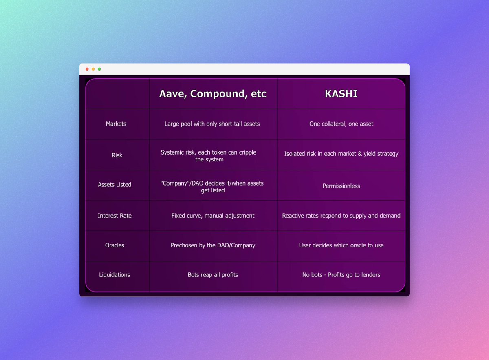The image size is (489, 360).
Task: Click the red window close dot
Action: (x=87, y=69)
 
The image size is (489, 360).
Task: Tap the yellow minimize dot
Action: (x=93, y=69)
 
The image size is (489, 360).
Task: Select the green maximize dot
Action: (x=99, y=69)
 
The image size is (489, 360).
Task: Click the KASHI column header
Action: (x=341, y=94)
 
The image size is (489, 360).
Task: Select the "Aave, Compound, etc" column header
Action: (x=213, y=94)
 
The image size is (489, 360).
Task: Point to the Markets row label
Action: (x=116, y=124)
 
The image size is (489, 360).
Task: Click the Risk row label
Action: (x=117, y=155)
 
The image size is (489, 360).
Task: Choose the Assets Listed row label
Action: (x=115, y=184)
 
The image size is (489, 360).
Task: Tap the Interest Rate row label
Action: (x=115, y=215)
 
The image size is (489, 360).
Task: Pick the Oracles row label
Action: (x=115, y=245)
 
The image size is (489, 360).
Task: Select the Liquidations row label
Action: (x=115, y=274)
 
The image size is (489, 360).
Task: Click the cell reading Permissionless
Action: (x=341, y=186)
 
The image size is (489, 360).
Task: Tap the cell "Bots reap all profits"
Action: (x=213, y=274)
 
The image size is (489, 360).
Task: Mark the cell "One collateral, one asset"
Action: (x=341, y=124)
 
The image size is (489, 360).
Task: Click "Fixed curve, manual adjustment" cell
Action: (x=213, y=215)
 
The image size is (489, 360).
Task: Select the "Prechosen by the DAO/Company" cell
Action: (x=213, y=245)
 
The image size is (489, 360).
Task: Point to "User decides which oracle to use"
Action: (x=341, y=245)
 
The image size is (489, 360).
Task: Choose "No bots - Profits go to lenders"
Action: (x=341, y=274)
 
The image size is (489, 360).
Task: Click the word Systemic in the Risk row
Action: (x=173, y=152)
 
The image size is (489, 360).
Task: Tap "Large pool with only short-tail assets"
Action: (x=212, y=124)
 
